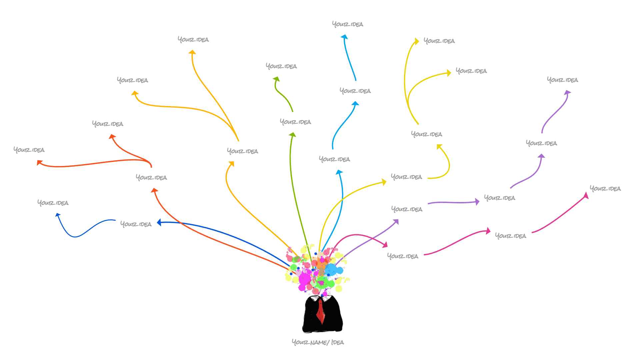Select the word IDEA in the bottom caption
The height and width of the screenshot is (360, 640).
[x=338, y=342]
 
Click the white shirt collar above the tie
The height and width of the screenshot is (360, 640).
[x=322, y=297]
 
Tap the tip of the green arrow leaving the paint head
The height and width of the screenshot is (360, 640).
[x=293, y=134]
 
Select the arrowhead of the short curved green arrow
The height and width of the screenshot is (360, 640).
[x=276, y=79]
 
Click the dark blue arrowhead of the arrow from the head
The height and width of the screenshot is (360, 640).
[x=159, y=222]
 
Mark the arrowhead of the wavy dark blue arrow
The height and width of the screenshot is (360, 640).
[x=58, y=215]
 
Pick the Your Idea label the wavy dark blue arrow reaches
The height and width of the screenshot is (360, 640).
[x=53, y=203]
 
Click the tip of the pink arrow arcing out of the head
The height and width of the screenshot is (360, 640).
[x=385, y=245]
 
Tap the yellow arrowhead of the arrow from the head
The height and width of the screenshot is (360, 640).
[x=384, y=182]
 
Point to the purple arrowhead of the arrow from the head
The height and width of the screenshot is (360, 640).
[x=396, y=221]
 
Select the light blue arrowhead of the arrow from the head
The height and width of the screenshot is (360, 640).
[x=339, y=172]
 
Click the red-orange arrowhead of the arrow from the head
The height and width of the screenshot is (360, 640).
[x=154, y=190]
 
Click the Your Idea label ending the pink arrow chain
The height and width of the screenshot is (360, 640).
[x=605, y=189]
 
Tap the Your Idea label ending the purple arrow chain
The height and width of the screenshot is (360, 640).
[x=562, y=80]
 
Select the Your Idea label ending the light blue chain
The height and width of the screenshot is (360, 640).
[x=347, y=24]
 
